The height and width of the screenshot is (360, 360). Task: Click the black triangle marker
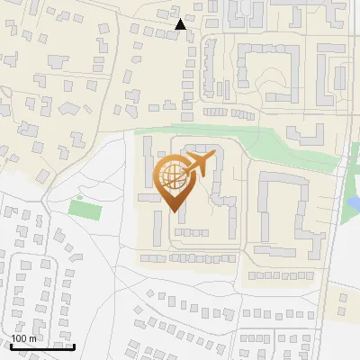[181, 24]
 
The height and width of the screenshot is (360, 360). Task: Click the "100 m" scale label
[24, 338]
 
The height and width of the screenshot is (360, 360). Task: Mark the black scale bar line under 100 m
[41, 346]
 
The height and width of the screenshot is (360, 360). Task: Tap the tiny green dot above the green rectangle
[79, 197]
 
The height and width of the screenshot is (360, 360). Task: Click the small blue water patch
[354, 202]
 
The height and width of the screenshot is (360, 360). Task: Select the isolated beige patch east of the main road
[346, 301]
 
